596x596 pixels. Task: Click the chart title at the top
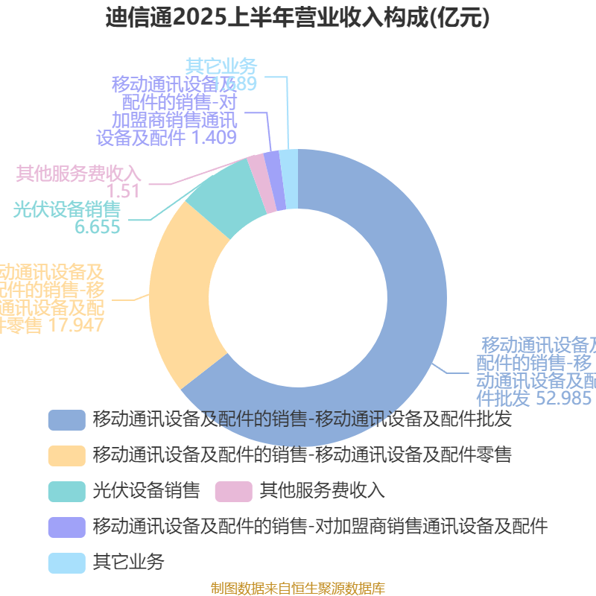tap(298, 18)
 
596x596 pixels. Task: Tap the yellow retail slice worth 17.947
tap(183, 298)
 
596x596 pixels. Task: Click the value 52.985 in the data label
tap(564, 399)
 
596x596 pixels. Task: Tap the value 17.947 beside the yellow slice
tap(74, 326)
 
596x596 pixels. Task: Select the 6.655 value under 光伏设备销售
tap(98, 227)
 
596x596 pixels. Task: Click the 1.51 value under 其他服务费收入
tap(124, 191)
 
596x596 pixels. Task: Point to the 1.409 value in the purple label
tap(214, 137)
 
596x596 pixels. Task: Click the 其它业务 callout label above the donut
tap(221, 66)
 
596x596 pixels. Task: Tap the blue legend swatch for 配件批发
tap(66, 419)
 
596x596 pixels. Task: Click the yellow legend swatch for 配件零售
tap(66, 454)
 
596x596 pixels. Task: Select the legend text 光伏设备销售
tap(147, 490)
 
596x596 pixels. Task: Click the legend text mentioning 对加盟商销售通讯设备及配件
tap(320, 527)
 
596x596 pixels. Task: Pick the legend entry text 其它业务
tap(128, 561)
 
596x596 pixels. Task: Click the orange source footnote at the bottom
tap(298, 588)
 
